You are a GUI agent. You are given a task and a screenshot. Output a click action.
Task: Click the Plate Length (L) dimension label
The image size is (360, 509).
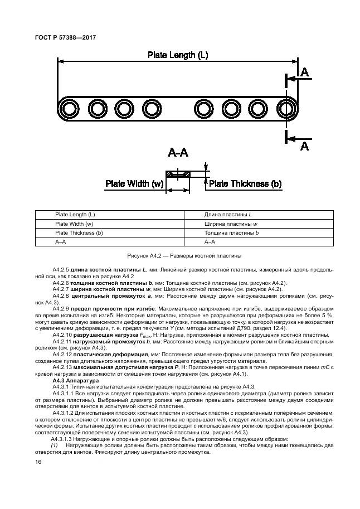(x=178, y=55)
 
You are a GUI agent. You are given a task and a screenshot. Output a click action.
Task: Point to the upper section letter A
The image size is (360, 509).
(x=304, y=72)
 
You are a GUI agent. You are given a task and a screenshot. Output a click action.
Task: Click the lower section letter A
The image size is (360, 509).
(x=304, y=146)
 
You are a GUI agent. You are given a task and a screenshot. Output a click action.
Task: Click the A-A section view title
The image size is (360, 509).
(x=178, y=153)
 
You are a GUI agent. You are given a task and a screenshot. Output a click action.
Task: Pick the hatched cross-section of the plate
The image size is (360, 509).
(x=178, y=174)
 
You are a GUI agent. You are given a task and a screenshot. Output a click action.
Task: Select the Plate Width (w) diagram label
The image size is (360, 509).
(x=134, y=183)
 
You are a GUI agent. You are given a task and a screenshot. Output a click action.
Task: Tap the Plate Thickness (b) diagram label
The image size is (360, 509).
(x=245, y=183)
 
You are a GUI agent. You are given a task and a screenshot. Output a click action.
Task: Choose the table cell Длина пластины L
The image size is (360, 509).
(x=228, y=215)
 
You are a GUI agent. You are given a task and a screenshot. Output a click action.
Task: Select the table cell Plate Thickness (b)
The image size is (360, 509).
(x=79, y=232)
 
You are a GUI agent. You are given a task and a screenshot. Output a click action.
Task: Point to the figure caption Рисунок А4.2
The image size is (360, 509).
(x=184, y=255)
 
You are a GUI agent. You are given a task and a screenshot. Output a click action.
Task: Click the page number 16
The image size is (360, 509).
(x=38, y=463)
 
